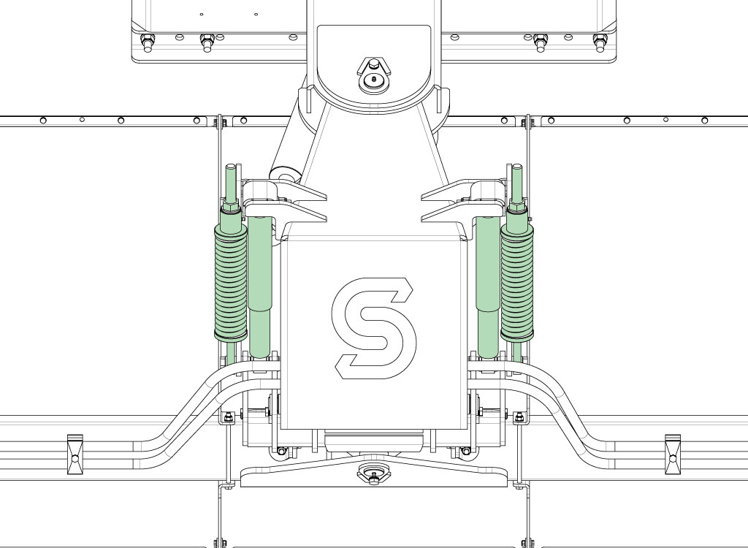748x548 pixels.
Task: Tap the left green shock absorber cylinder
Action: (260, 286)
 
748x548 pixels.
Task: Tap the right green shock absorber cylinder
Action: (488, 286)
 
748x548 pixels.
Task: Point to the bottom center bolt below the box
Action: (374, 473)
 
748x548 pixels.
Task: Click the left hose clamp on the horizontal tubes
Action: (75, 454)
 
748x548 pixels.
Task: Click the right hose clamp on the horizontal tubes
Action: (673, 454)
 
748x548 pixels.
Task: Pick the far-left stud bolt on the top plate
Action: (148, 42)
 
